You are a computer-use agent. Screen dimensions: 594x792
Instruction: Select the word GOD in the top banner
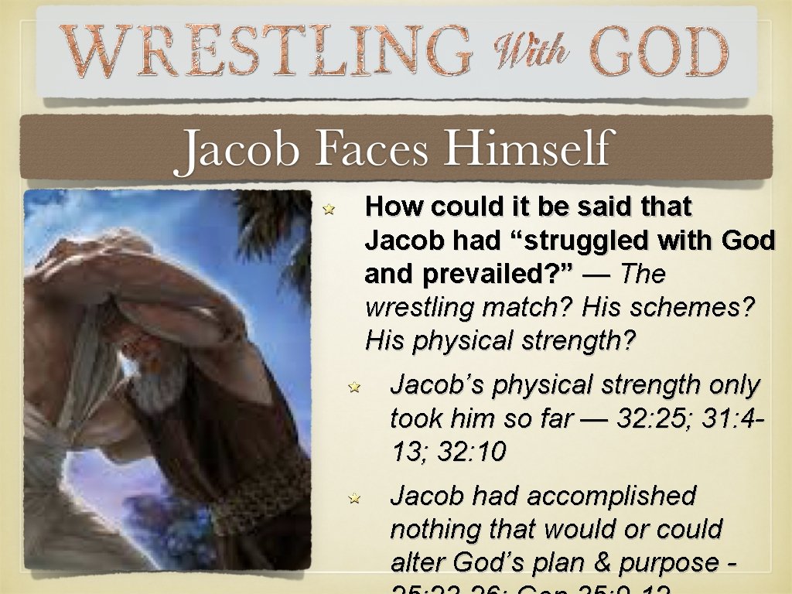pos(659,52)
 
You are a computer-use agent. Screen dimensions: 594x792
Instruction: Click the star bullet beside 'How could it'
pos(328,209)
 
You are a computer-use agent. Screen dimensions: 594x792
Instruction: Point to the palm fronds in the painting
pos(275,232)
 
